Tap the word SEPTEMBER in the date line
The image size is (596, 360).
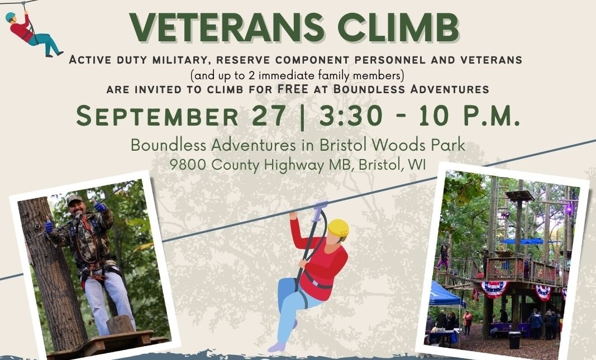tap(158, 116)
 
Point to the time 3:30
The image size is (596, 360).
tap(350, 116)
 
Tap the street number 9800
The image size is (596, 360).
tap(189, 165)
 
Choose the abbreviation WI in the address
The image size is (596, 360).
tap(417, 165)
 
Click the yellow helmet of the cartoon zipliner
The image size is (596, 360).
tap(338, 228)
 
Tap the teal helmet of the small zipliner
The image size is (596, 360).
tap(10, 17)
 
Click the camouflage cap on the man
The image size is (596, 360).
tap(74, 199)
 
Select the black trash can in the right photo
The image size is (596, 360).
tap(514, 340)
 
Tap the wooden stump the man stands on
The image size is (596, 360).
tap(121, 325)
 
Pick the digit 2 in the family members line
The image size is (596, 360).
tap(251, 75)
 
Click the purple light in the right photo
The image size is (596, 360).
tap(569, 208)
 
